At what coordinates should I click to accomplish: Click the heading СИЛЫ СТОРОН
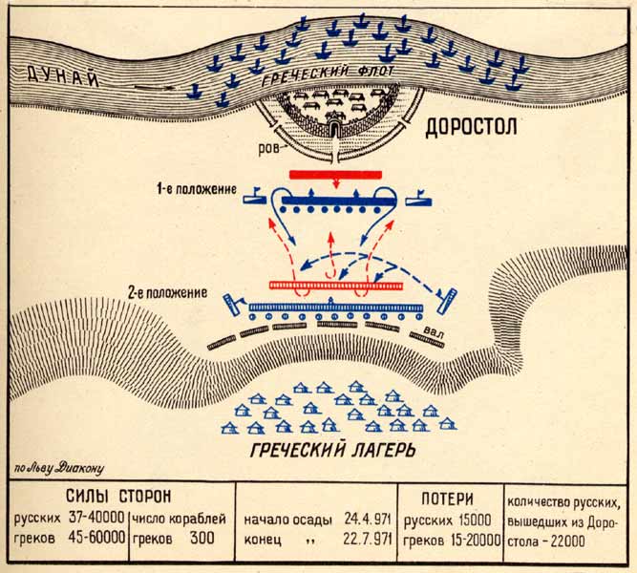(119, 497)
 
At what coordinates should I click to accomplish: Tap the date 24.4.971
(368, 520)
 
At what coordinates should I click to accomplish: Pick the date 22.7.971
(368, 539)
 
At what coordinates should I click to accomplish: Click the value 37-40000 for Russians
(95, 520)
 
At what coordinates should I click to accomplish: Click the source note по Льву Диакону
(57, 468)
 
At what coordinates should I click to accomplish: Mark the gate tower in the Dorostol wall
(335, 126)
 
